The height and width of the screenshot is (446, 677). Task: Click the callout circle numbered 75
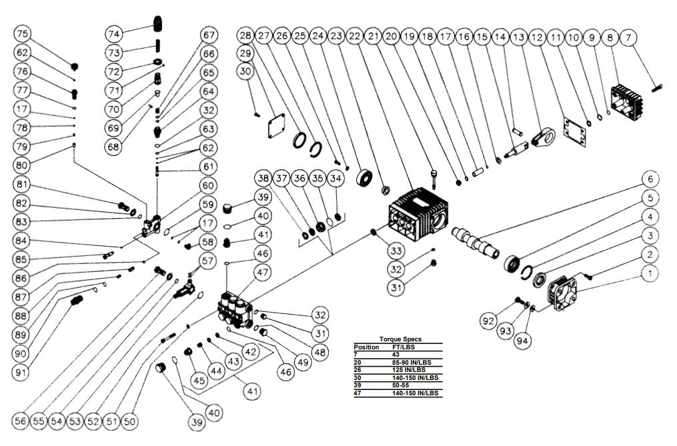[23, 34]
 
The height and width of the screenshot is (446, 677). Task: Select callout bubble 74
[114, 33]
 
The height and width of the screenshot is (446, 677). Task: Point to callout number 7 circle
[628, 39]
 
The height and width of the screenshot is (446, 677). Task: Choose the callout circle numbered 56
[21, 421]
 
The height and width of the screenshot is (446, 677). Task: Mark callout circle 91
[21, 372]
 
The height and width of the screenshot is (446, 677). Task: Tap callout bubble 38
[264, 178]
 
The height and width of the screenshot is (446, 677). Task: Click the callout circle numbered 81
[23, 185]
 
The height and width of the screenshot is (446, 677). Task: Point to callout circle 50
[130, 421]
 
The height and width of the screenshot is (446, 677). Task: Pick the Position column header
[366, 347]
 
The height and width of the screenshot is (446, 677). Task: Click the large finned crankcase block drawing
[419, 209]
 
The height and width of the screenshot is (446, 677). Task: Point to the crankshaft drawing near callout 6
[475, 241]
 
